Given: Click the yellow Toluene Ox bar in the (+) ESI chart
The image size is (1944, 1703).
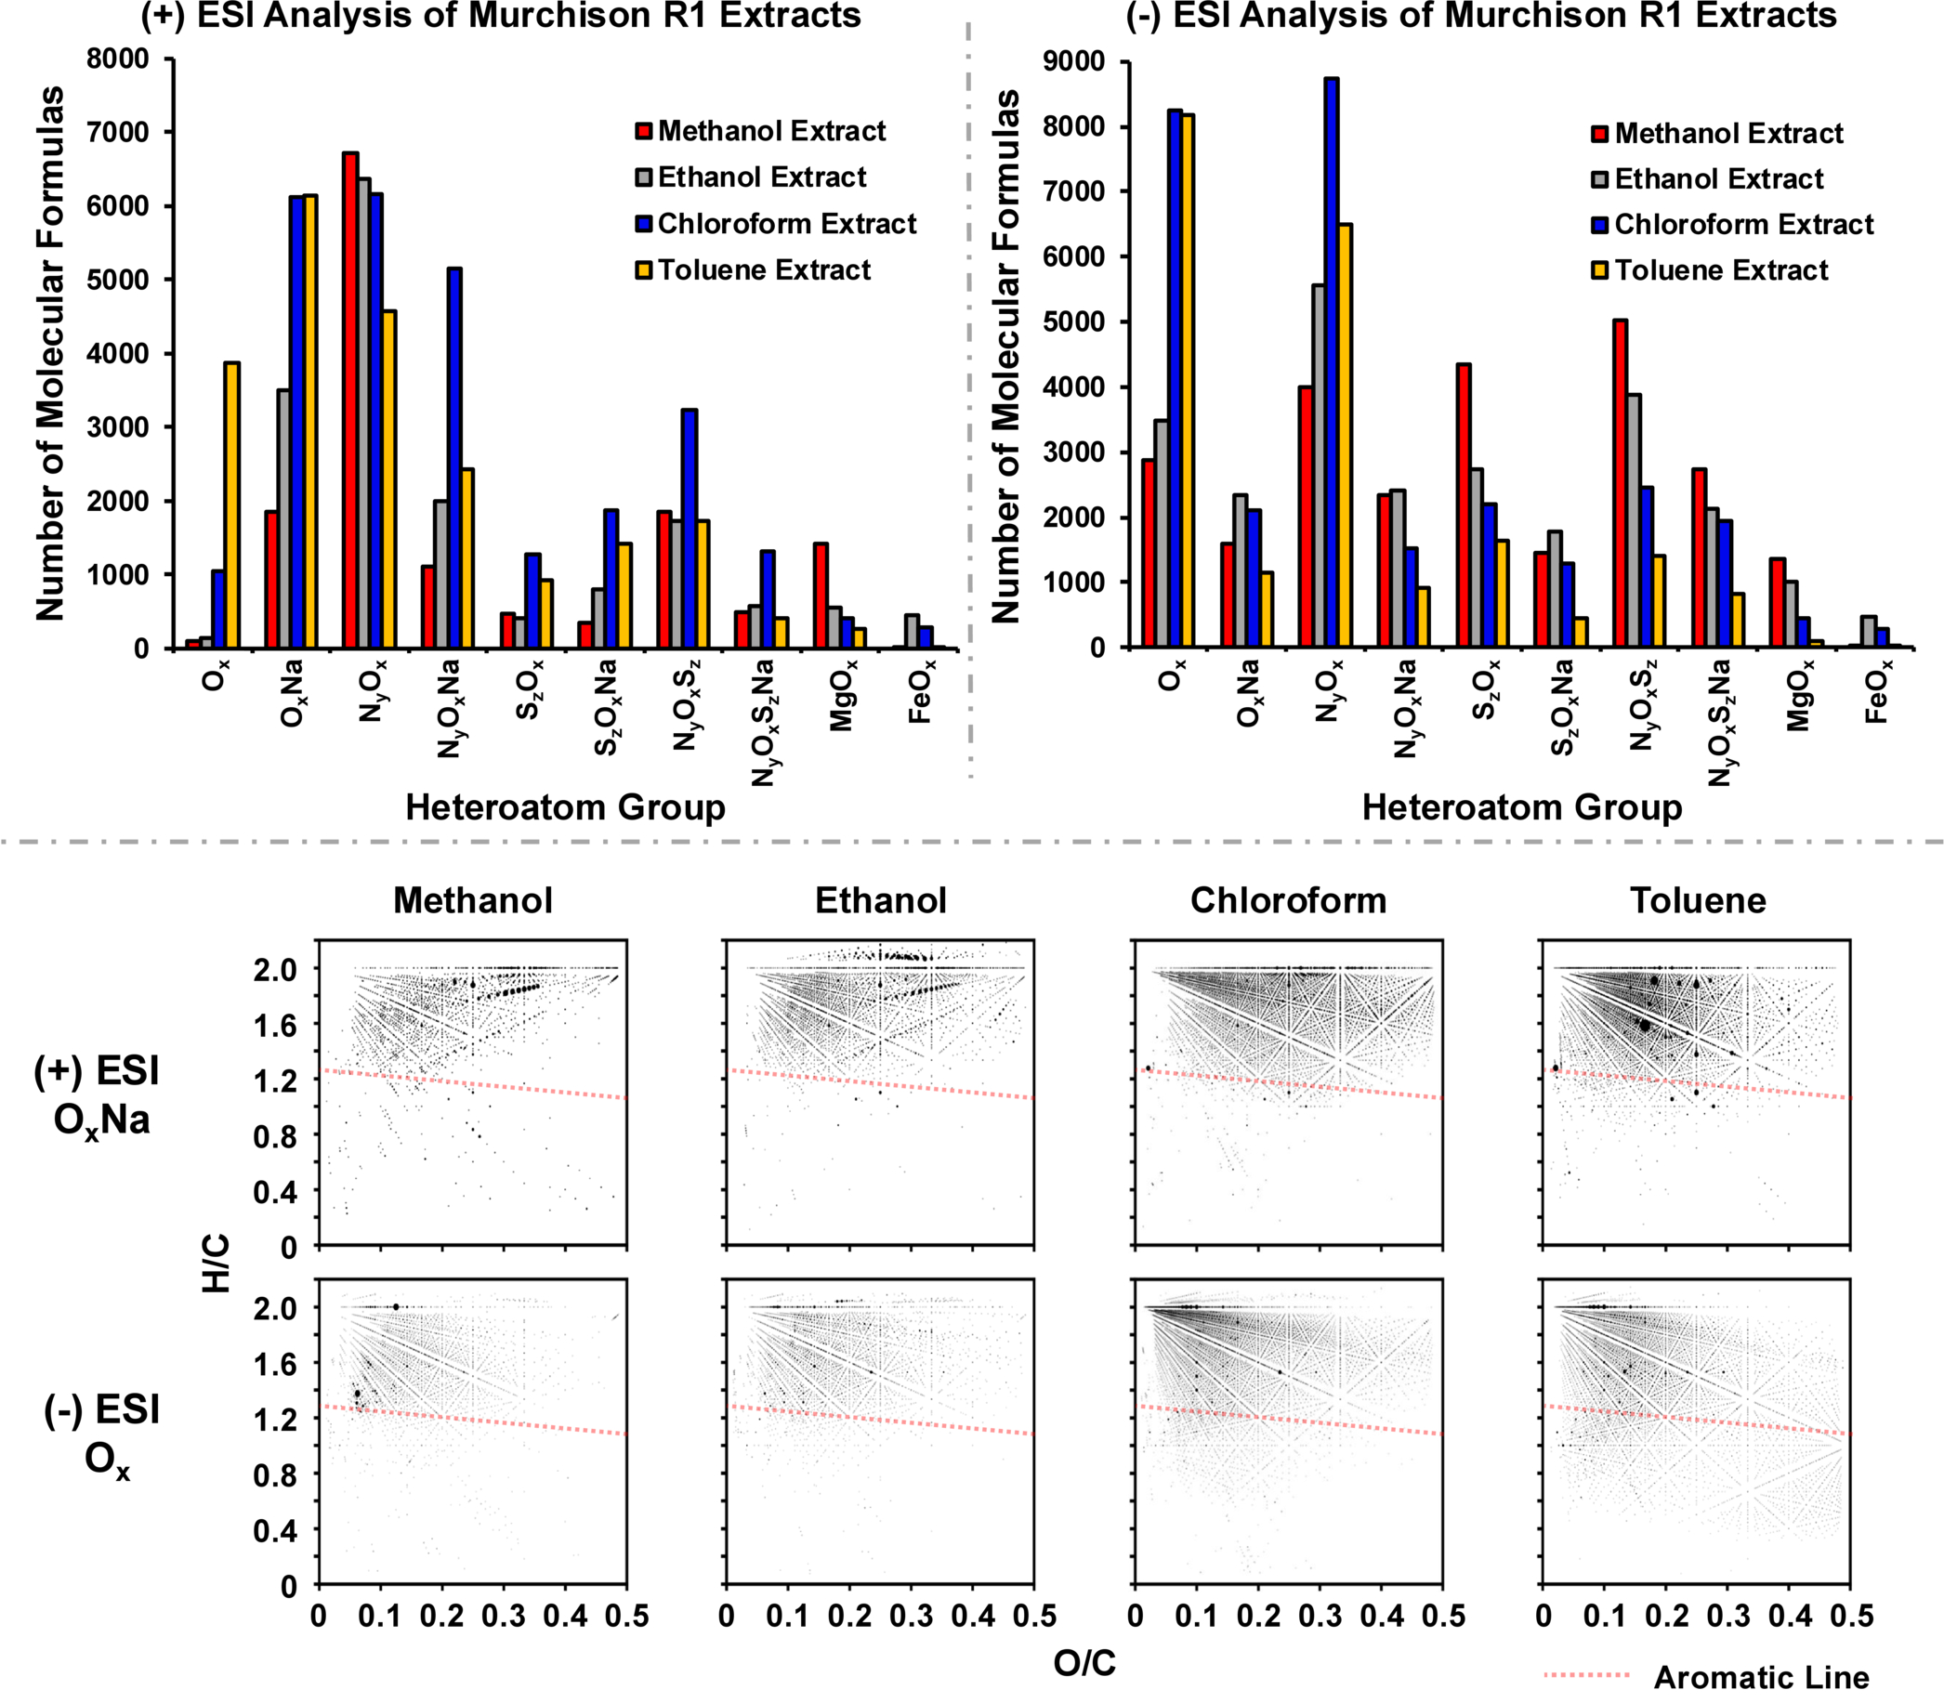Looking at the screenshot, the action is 232,504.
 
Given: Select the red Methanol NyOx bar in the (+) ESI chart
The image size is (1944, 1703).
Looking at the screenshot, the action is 350,400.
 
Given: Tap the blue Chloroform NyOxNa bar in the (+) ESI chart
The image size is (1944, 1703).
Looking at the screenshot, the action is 454,458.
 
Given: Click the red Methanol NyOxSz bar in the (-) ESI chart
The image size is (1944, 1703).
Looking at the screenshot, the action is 1620,484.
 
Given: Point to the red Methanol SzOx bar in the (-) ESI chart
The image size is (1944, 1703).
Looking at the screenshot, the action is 1463,505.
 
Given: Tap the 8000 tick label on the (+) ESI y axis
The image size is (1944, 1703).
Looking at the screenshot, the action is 118,59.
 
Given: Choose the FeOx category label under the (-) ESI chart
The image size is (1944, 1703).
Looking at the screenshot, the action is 1878,691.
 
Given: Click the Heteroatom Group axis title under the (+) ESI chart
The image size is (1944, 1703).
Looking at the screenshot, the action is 566,807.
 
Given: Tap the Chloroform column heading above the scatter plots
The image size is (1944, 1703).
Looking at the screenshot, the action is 1288,900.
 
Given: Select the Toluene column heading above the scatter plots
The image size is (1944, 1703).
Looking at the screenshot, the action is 1698,900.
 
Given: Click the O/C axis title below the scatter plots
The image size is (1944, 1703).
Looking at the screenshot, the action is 1084,1663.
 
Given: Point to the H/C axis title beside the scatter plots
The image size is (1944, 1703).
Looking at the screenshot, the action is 217,1263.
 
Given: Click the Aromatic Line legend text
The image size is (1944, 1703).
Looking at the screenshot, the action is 1762,1677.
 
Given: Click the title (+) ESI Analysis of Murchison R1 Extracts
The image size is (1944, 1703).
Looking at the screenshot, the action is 501,16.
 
